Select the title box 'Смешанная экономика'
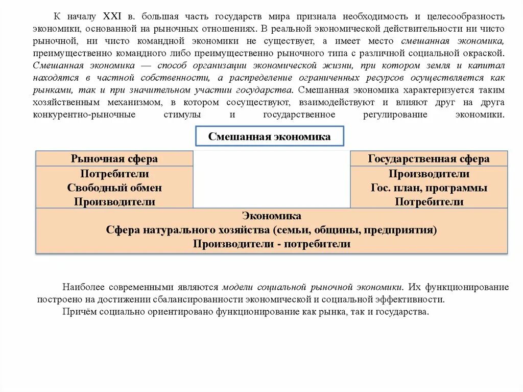[270, 136]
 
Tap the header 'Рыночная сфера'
[114, 159]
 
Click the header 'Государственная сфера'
[429, 159]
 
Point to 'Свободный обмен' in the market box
[114, 188]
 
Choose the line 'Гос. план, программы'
[429, 188]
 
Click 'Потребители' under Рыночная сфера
[114, 174]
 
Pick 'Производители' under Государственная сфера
[429, 174]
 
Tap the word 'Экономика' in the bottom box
[272, 216]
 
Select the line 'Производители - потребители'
[272, 244]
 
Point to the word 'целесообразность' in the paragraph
[467, 17]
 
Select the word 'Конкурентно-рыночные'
[84, 114]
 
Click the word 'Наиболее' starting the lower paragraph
[79, 287]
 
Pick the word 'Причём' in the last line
[76, 311]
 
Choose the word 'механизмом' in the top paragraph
[128, 102]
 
